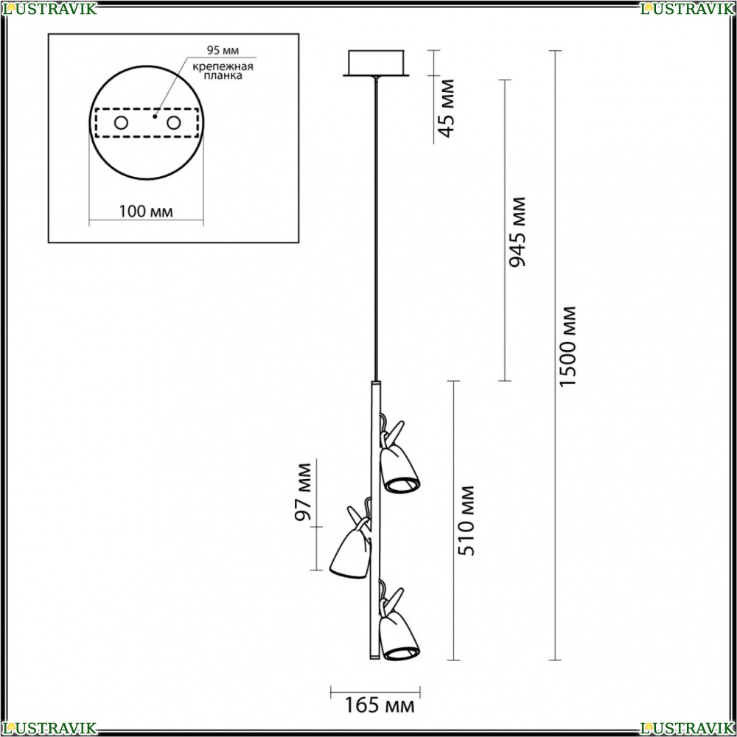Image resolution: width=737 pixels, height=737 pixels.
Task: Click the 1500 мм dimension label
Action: point(567,346)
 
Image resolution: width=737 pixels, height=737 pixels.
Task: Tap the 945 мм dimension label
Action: point(517,232)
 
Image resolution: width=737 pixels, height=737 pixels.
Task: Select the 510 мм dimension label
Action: point(467,521)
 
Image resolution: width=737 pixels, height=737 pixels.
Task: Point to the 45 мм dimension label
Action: point(446,108)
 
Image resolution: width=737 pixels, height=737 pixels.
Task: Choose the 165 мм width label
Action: point(380,705)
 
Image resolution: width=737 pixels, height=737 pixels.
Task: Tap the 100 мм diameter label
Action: point(146,212)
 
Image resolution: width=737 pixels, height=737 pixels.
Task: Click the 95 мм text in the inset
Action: point(223,50)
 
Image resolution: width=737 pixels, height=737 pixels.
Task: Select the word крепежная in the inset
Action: point(223,66)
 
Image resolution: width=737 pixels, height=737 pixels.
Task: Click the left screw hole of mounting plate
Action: point(122,123)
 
